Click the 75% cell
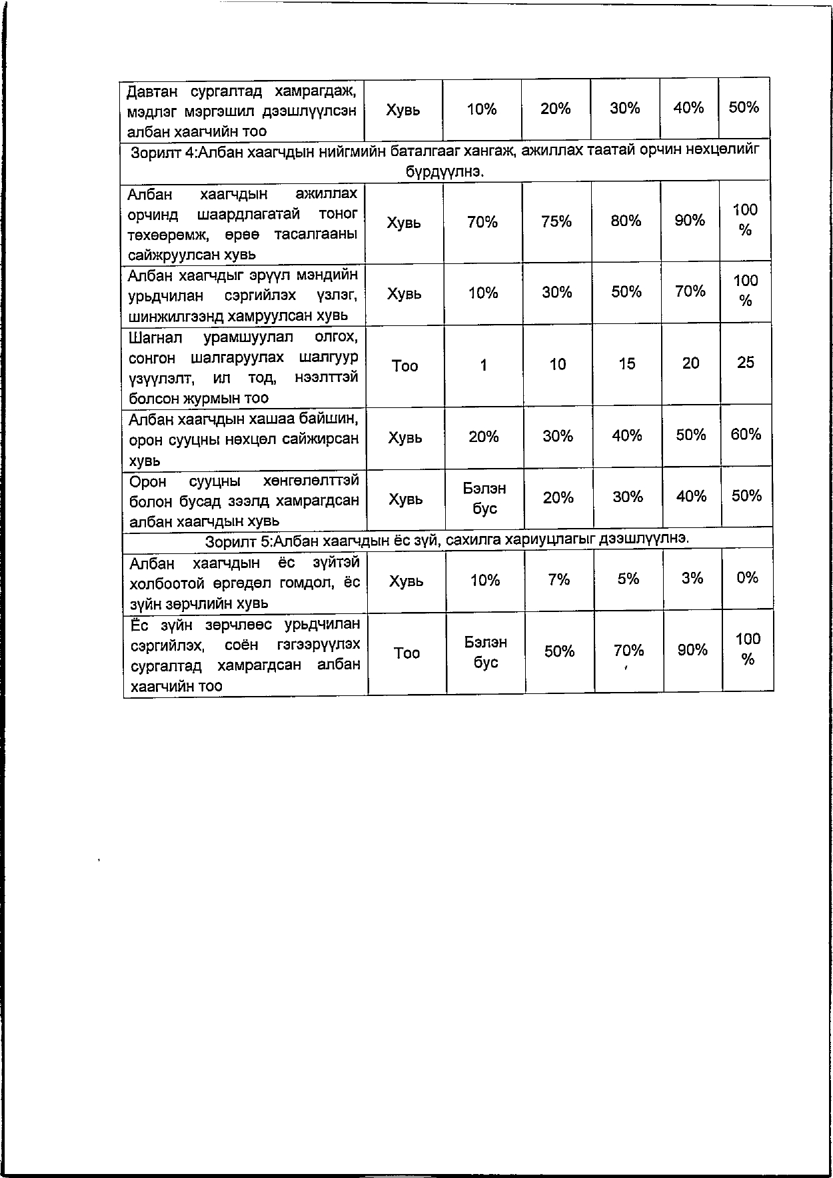(556, 221)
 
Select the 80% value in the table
(626, 221)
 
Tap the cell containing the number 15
(626, 364)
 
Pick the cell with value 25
(746, 363)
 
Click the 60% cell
(746, 435)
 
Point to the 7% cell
(558, 580)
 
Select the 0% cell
(747, 578)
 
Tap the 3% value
(692, 579)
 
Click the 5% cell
(628, 579)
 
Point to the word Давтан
(151, 91)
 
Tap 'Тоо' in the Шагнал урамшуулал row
(405, 366)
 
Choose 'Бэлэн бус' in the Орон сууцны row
(484, 499)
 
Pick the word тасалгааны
(315, 235)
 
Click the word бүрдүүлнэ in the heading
(444, 171)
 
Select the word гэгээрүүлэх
(319, 645)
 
